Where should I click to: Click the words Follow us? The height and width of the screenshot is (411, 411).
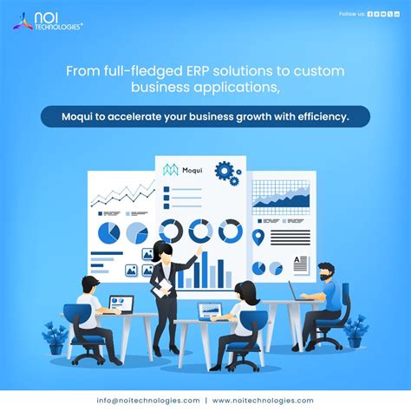(x=350, y=14)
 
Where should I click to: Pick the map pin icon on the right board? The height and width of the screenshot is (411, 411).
(x=258, y=236)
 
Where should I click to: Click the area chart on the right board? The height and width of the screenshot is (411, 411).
(x=280, y=199)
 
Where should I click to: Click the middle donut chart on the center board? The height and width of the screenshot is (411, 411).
(x=200, y=230)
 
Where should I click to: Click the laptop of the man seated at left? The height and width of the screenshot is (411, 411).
(x=120, y=304)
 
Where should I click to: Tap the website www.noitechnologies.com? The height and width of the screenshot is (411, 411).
(x=263, y=400)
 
